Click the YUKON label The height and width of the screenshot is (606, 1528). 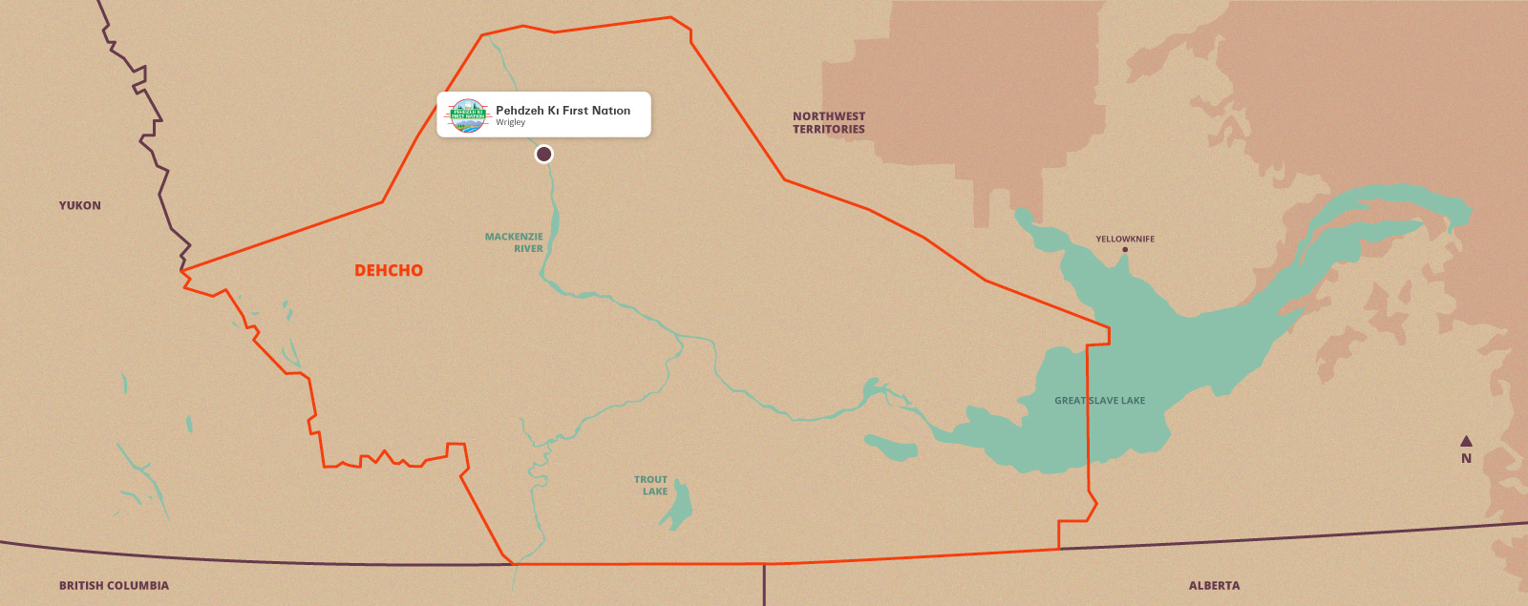pyautogui.click(x=79, y=205)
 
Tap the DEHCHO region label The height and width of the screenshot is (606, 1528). pyautogui.click(x=389, y=270)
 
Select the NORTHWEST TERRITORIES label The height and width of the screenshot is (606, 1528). pyautogui.click(x=828, y=122)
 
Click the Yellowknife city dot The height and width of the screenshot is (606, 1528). pyautogui.click(x=1125, y=250)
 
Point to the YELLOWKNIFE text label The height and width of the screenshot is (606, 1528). pyautogui.click(x=1125, y=239)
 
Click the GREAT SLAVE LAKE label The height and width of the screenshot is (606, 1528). pyautogui.click(x=1099, y=401)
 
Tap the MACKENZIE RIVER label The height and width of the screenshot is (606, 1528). pyautogui.click(x=514, y=242)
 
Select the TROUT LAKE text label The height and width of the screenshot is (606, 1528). pyautogui.click(x=651, y=486)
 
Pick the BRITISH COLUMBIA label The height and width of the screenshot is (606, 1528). pyautogui.click(x=114, y=585)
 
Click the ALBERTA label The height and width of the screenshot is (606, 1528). pyautogui.click(x=1214, y=585)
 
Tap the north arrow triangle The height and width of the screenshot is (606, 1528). pyautogui.click(x=1466, y=441)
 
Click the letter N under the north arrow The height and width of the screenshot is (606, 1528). pyautogui.click(x=1466, y=458)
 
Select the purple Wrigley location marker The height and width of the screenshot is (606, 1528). pyautogui.click(x=543, y=154)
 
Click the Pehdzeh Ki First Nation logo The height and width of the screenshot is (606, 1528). pyautogui.click(x=468, y=115)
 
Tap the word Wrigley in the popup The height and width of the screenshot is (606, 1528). pyautogui.click(x=510, y=122)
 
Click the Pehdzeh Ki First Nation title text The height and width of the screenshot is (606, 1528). pyautogui.click(x=562, y=110)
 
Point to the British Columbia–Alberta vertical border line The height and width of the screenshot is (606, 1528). pyautogui.click(x=764, y=584)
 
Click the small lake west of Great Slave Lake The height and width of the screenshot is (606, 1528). pyautogui.click(x=890, y=447)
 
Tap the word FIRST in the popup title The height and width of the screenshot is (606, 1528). pyautogui.click(x=575, y=110)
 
